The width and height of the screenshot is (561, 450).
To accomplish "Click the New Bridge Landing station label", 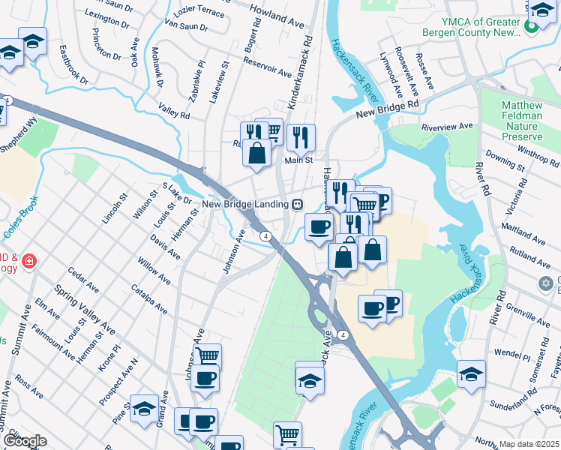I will [x=245, y=204].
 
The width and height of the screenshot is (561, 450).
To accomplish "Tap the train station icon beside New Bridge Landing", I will [x=298, y=204].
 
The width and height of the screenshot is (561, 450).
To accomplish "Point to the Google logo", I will [x=25, y=441].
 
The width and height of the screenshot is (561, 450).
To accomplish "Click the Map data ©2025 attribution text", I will [x=529, y=444].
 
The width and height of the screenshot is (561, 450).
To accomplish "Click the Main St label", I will [x=298, y=160].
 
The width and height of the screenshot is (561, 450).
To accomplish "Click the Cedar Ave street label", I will [x=83, y=278].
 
